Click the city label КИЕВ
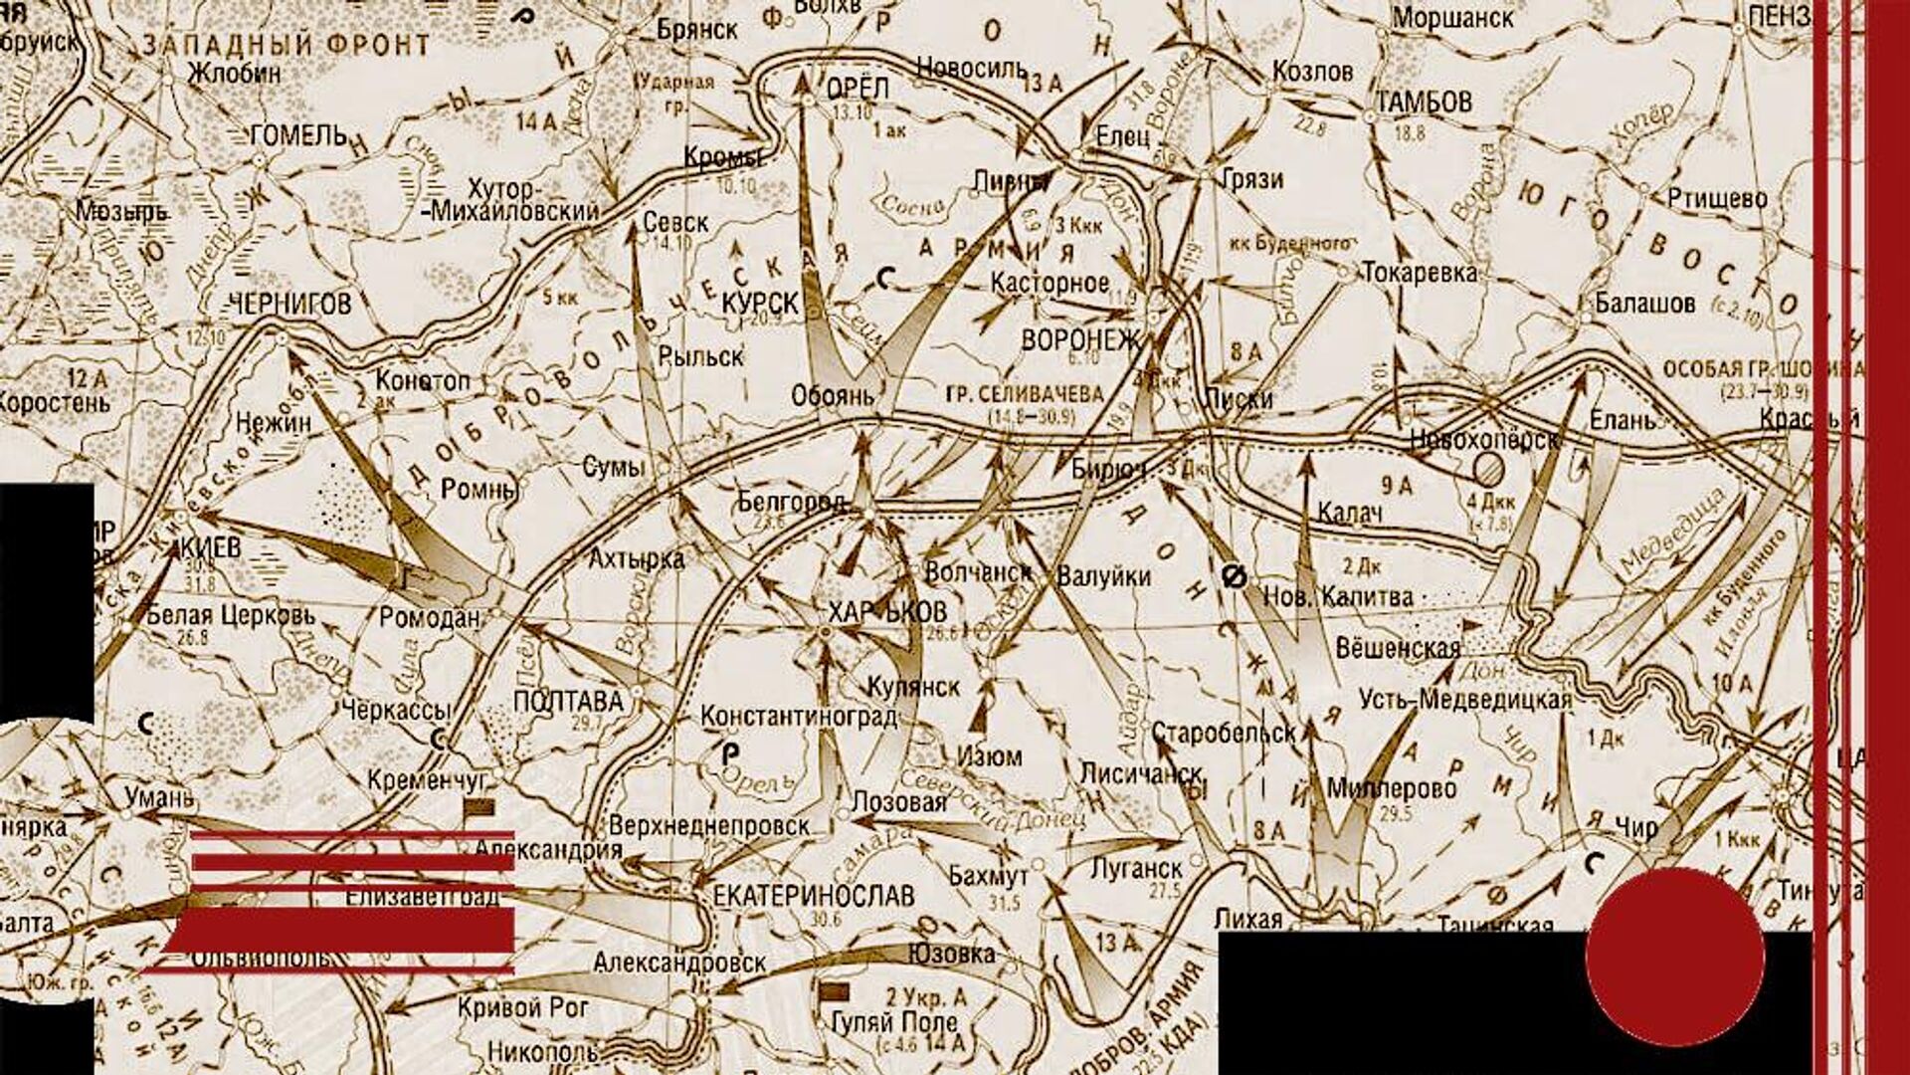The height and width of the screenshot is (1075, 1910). tap(211, 548)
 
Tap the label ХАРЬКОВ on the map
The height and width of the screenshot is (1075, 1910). tap(887, 612)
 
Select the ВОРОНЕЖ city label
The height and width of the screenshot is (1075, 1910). tap(1080, 340)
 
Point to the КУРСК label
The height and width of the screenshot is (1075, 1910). tap(760, 304)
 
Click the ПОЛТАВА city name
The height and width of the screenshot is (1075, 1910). tap(568, 702)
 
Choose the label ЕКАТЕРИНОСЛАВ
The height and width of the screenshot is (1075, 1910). tap(814, 895)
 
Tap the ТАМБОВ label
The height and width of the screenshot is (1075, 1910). tap(1424, 102)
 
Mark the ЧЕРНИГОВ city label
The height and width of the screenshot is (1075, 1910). tap(290, 305)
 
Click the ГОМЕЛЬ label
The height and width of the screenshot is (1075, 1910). tap(299, 135)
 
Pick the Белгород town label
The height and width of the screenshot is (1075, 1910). tap(792, 502)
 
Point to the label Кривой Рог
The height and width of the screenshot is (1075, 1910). tap(523, 1007)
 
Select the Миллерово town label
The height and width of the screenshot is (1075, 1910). tap(1392, 789)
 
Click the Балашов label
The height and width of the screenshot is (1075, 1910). tap(1644, 303)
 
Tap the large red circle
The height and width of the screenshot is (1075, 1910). tap(1675, 957)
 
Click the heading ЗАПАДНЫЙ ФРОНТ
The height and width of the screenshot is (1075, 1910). tap(286, 46)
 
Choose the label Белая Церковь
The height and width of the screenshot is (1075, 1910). tap(231, 615)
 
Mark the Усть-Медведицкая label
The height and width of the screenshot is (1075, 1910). tap(1465, 700)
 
